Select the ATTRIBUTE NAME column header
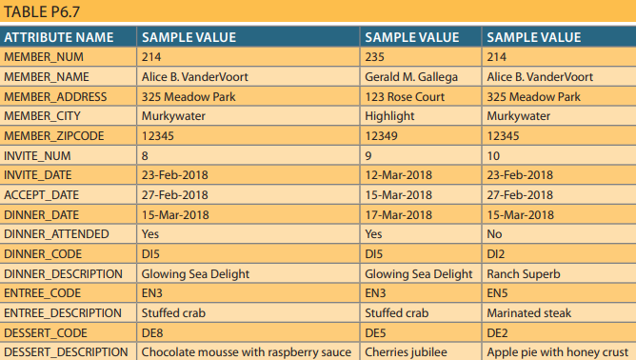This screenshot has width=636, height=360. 59,38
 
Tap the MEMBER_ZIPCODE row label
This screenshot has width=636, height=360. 54,136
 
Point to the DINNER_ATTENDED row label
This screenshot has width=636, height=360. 56,234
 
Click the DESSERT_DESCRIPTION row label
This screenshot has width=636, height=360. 66,352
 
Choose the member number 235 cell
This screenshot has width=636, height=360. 376,57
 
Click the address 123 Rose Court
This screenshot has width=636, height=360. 405,97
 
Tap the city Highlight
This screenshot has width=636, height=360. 390,116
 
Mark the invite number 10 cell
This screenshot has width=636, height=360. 492,156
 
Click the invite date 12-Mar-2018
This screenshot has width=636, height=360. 399,175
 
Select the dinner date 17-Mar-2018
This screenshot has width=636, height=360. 399,215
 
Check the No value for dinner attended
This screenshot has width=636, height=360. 494,234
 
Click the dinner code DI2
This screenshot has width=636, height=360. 496,254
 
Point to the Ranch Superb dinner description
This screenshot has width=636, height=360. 524,274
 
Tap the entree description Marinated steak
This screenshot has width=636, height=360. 529,313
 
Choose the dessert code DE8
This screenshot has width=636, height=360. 152,333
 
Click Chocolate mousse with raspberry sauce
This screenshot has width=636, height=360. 247,352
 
